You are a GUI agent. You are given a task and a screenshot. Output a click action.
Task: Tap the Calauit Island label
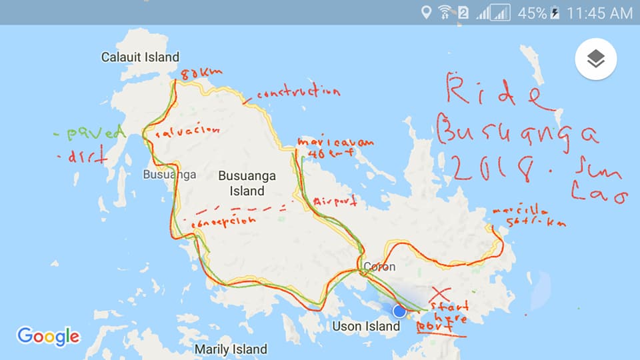(140, 57)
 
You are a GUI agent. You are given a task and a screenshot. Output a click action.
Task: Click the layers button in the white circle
(595, 59)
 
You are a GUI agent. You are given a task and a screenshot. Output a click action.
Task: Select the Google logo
(48, 337)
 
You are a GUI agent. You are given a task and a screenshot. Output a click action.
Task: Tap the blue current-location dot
(399, 311)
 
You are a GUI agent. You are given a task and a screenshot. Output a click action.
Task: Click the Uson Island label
(366, 326)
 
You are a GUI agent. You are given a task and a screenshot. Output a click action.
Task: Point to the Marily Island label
(231, 349)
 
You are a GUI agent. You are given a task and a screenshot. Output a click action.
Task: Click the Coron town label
(378, 267)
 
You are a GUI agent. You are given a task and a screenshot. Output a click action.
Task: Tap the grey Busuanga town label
(169, 175)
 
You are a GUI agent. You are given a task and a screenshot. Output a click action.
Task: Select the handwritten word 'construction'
(298, 93)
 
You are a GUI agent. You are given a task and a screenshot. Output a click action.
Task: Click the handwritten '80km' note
(201, 73)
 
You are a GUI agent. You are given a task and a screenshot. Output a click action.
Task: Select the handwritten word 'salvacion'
(188, 132)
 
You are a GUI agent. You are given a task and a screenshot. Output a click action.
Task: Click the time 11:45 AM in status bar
(599, 13)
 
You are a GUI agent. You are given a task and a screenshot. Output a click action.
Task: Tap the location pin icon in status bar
(425, 13)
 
